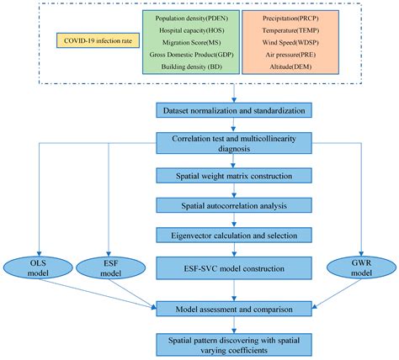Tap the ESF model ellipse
coord(109,267)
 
